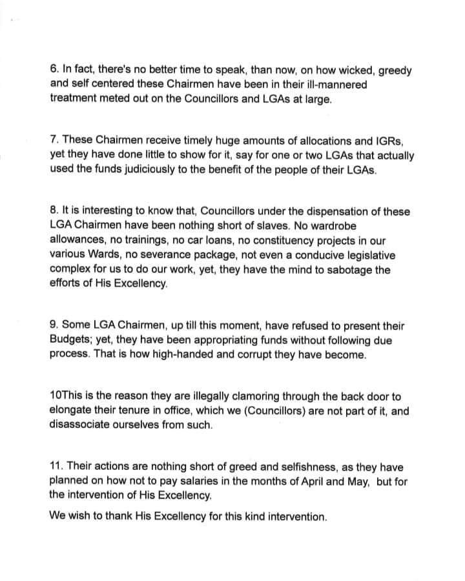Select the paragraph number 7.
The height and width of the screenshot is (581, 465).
pos(53,141)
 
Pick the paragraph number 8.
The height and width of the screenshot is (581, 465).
pos(53,212)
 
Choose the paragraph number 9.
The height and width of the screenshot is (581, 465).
pos(53,327)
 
